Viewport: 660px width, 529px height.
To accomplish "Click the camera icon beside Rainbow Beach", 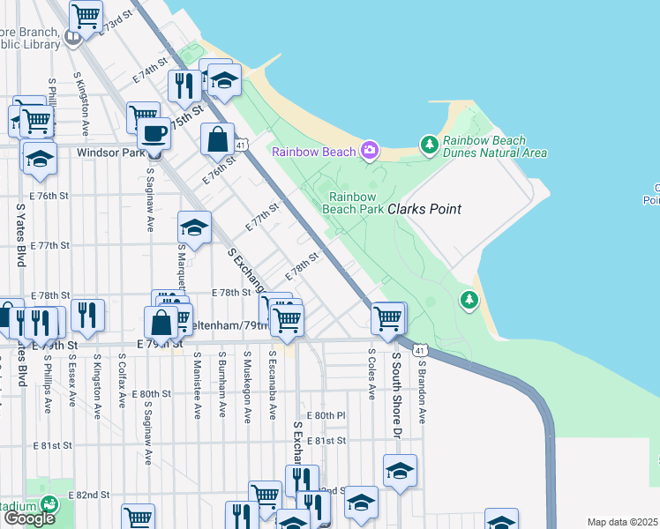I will (x=370, y=151).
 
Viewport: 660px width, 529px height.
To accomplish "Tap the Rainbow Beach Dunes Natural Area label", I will (x=494, y=146).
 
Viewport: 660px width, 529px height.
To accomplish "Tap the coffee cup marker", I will (x=154, y=134).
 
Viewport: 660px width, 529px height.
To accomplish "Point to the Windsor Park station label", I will (x=110, y=153).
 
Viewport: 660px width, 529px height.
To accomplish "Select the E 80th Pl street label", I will (x=326, y=414).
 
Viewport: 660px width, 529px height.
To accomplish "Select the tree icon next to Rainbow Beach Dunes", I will (x=429, y=143).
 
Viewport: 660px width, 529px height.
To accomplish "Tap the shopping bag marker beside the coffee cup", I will (x=217, y=139).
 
